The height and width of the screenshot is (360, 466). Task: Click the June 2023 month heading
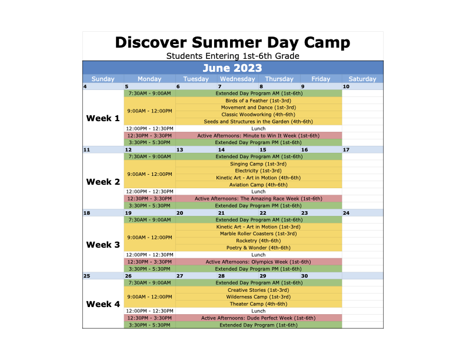pos(232,68)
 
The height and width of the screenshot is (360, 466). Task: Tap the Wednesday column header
pos(238,79)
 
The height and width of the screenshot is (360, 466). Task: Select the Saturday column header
pos(362,79)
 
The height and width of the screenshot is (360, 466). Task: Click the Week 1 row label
pos(103,118)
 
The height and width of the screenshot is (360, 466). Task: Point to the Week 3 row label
pos(103,245)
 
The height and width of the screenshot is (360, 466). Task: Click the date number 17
pos(346,149)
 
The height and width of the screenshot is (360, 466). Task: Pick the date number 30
pos(305,276)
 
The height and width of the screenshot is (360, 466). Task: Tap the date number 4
pos(85,86)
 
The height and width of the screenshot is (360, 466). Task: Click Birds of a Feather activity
pos(258,101)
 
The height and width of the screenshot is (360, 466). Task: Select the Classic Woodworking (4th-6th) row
pos(258,115)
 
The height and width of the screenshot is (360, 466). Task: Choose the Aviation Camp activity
pos(258,185)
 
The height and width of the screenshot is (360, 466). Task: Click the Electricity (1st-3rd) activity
pos(258,171)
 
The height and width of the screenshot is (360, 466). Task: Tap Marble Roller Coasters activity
pos(258,234)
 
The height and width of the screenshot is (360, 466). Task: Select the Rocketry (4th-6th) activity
pos(258,241)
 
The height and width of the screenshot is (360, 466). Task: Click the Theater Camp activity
pos(258,304)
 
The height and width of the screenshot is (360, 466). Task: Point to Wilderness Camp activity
pos(258,297)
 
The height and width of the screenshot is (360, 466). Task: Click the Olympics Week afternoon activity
pos(258,262)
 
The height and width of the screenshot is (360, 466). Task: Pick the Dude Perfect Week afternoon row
pos(258,318)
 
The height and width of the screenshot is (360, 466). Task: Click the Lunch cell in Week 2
pos(258,192)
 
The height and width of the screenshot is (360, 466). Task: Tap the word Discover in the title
pos(151,42)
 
